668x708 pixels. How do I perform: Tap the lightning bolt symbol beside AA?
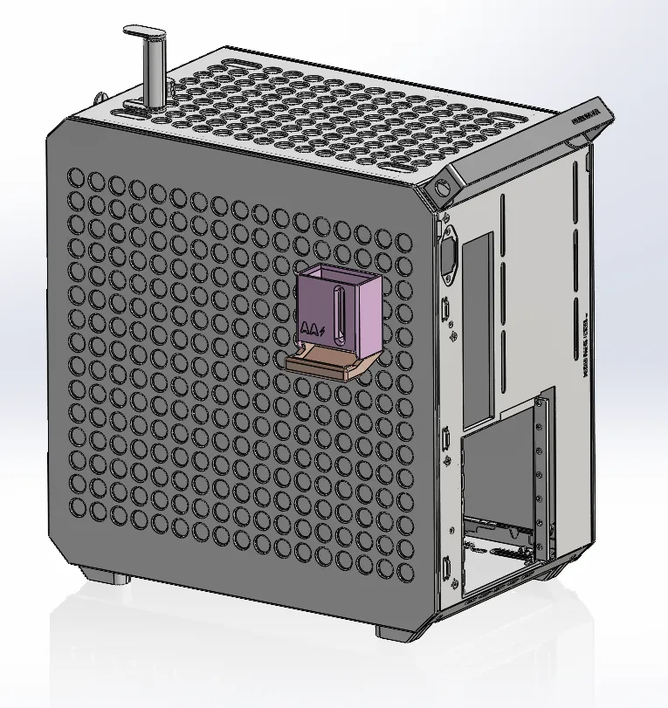point(324,331)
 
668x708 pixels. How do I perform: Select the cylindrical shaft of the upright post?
point(155,74)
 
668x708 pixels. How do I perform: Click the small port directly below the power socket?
point(447,309)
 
